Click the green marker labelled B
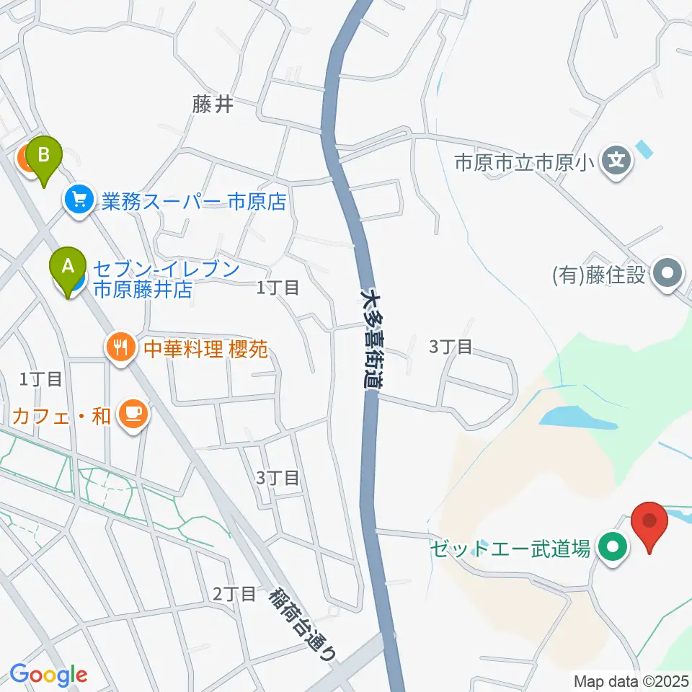click(x=44, y=155)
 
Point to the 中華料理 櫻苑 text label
click(x=205, y=350)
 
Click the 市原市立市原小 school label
click(x=523, y=161)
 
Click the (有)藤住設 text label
click(x=598, y=275)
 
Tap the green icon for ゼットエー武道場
click(x=613, y=549)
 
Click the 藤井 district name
click(x=213, y=105)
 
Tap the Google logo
click(x=48, y=675)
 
